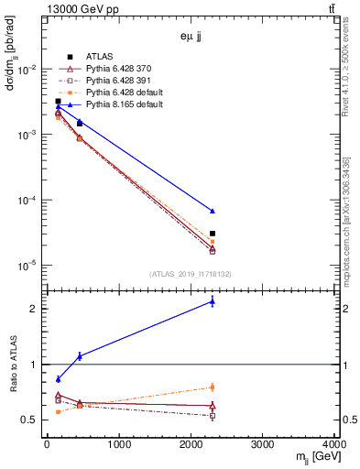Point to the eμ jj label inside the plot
tap(191, 38)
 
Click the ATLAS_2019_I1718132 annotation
tap(191, 273)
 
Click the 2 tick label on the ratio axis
tap(36, 309)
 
